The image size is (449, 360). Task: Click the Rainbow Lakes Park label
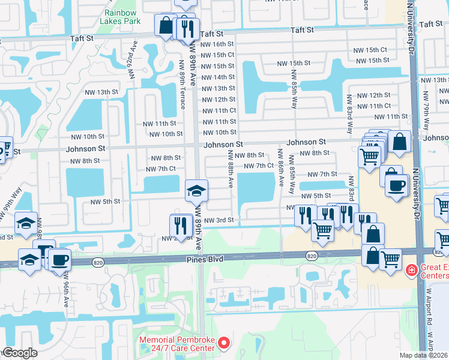(x=122, y=17)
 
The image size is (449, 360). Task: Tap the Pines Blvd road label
(x=208, y=259)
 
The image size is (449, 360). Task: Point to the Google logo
(x=19, y=353)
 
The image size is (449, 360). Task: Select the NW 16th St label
(x=218, y=44)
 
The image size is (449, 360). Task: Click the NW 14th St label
(x=218, y=77)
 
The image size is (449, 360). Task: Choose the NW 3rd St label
(x=218, y=221)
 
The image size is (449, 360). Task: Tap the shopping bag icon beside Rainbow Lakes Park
(x=165, y=26)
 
